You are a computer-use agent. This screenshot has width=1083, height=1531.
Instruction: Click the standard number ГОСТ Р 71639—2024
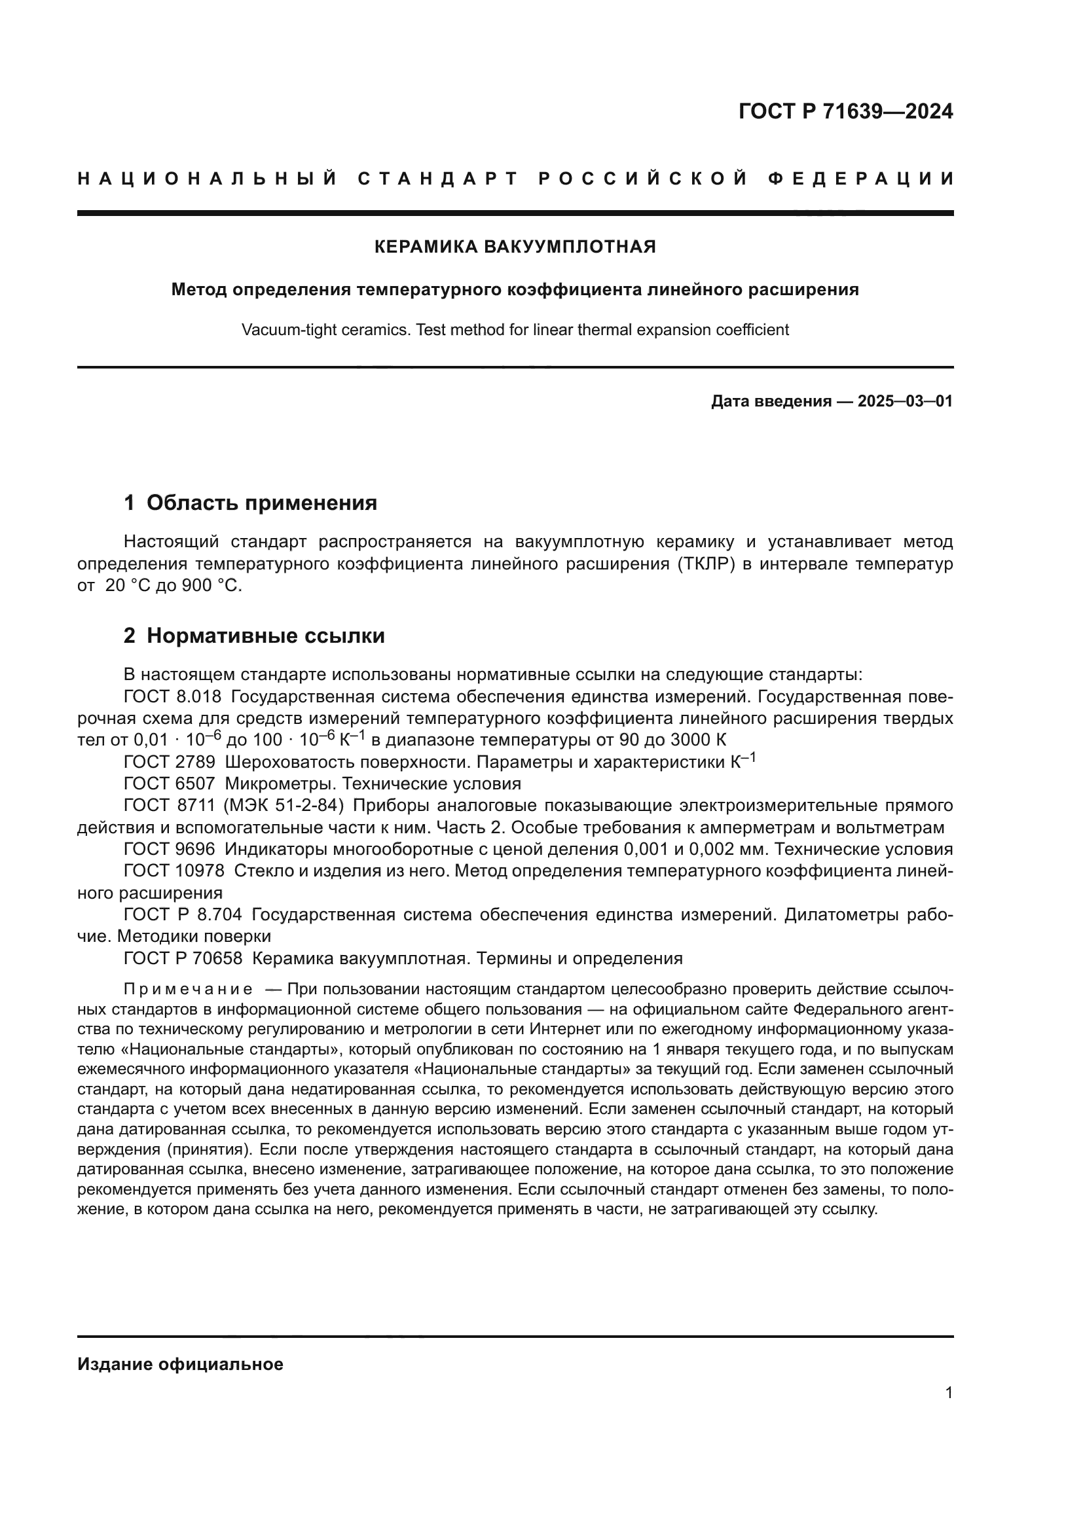845,111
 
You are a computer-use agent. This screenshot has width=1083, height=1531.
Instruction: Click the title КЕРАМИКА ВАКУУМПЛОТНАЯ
515,247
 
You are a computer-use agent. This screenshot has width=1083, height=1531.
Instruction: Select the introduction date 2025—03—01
905,401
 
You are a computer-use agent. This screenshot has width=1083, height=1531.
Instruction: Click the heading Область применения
261,503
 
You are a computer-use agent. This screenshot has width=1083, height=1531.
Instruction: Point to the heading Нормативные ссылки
265,636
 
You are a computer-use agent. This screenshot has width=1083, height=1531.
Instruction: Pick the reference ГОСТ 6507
170,784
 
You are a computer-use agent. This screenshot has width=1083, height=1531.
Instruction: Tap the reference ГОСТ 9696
170,850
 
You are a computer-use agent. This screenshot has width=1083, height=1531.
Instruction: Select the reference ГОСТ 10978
174,871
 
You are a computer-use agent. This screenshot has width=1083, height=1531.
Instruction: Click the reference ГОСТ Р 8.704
183,915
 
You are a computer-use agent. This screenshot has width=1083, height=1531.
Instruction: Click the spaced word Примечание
188,989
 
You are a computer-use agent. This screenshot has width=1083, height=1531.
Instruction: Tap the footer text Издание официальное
180,1365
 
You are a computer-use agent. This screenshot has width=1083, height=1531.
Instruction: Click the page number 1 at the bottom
948,1393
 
